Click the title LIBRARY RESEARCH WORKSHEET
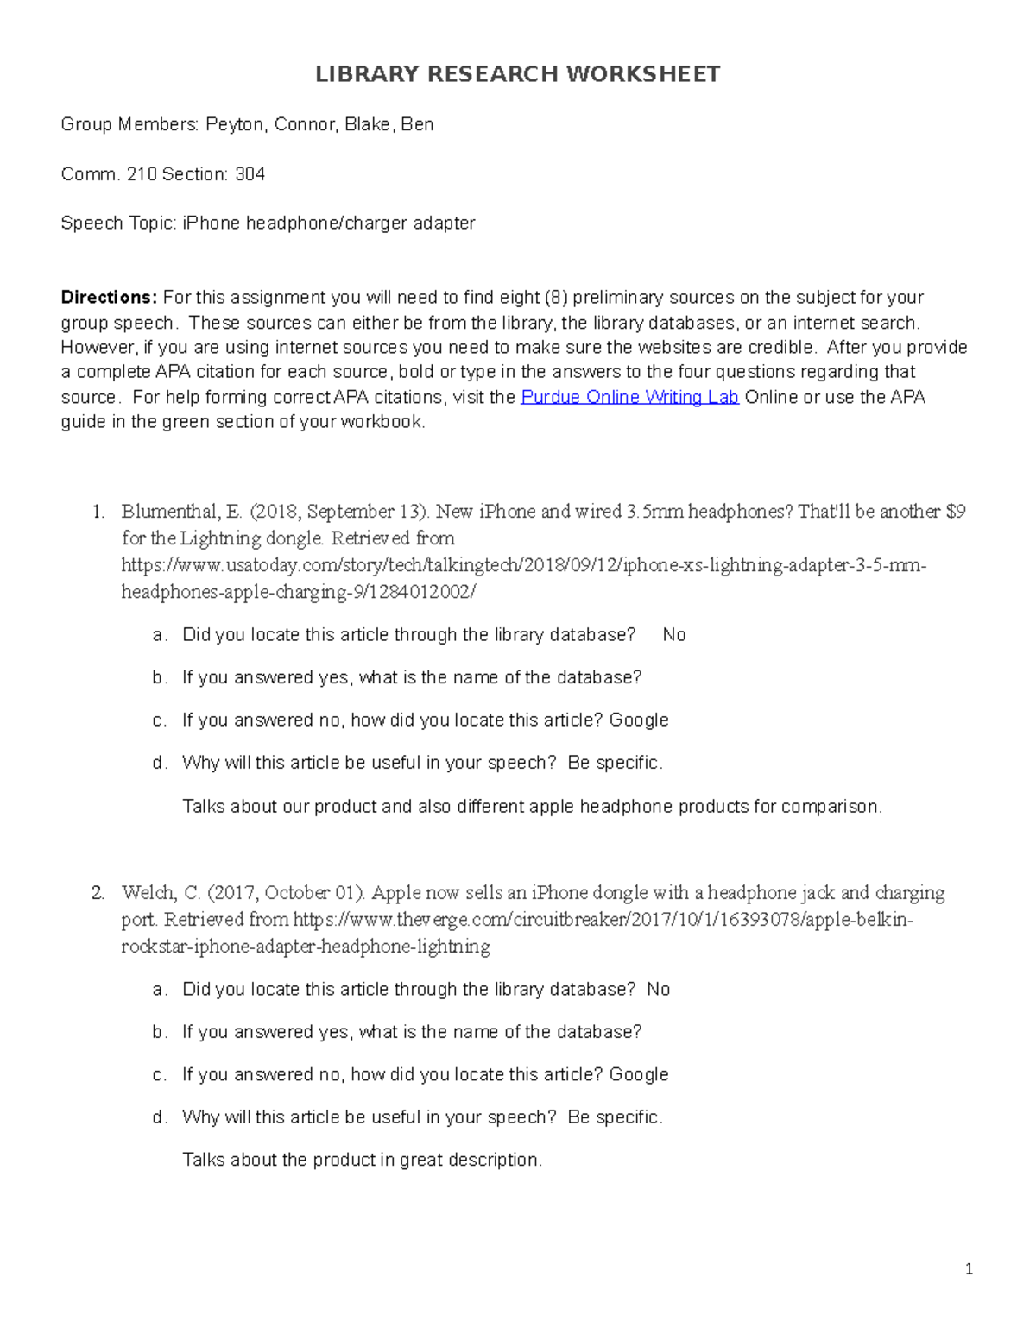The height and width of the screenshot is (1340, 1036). pos(517,74)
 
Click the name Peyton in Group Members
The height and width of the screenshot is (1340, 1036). pos(234,125)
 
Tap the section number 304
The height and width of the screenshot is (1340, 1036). pos(250,174)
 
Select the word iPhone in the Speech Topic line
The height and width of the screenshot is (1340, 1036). pos(211,223)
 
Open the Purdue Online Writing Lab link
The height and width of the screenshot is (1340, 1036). pos(629,397)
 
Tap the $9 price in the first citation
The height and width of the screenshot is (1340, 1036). pos(956,512)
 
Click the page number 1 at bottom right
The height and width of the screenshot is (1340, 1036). pos(970,1268)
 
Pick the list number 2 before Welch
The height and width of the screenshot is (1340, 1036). pos(98,893)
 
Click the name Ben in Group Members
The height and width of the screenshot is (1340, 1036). pos(417,125)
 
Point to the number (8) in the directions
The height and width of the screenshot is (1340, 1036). pos(556,298)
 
